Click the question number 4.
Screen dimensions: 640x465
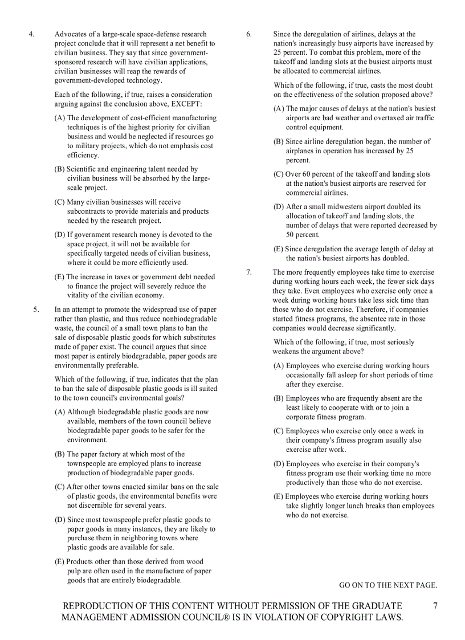[32, 34]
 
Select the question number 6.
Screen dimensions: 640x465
[249, 34]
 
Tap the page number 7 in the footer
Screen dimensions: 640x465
[435, 606]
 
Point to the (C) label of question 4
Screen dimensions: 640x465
[60, 202]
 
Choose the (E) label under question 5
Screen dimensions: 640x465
[60, 561]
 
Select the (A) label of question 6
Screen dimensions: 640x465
[279, 108]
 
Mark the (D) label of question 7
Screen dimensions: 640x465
[279, 464]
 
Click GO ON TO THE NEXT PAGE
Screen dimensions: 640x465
[388, 585]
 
